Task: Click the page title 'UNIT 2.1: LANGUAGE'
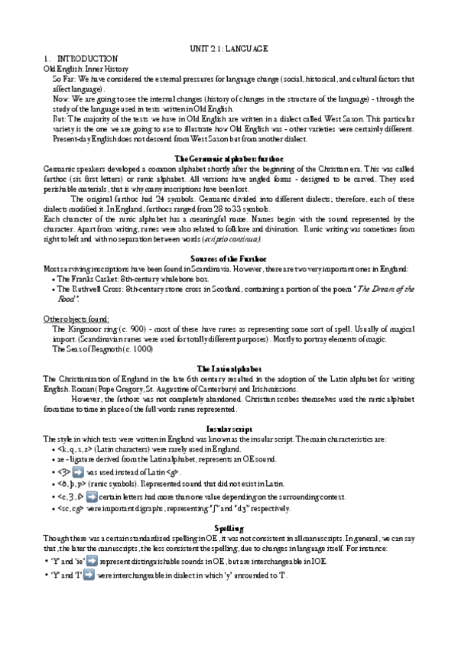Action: click(x=229, y=48)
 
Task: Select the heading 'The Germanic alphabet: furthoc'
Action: click(x=229, y=157)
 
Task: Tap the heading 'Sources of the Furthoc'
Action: click(x=229, y=259)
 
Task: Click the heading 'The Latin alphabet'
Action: click(x=229, y=368)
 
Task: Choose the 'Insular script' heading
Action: click(x=229, y=429)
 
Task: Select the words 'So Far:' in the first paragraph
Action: click(x=64, y=79)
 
